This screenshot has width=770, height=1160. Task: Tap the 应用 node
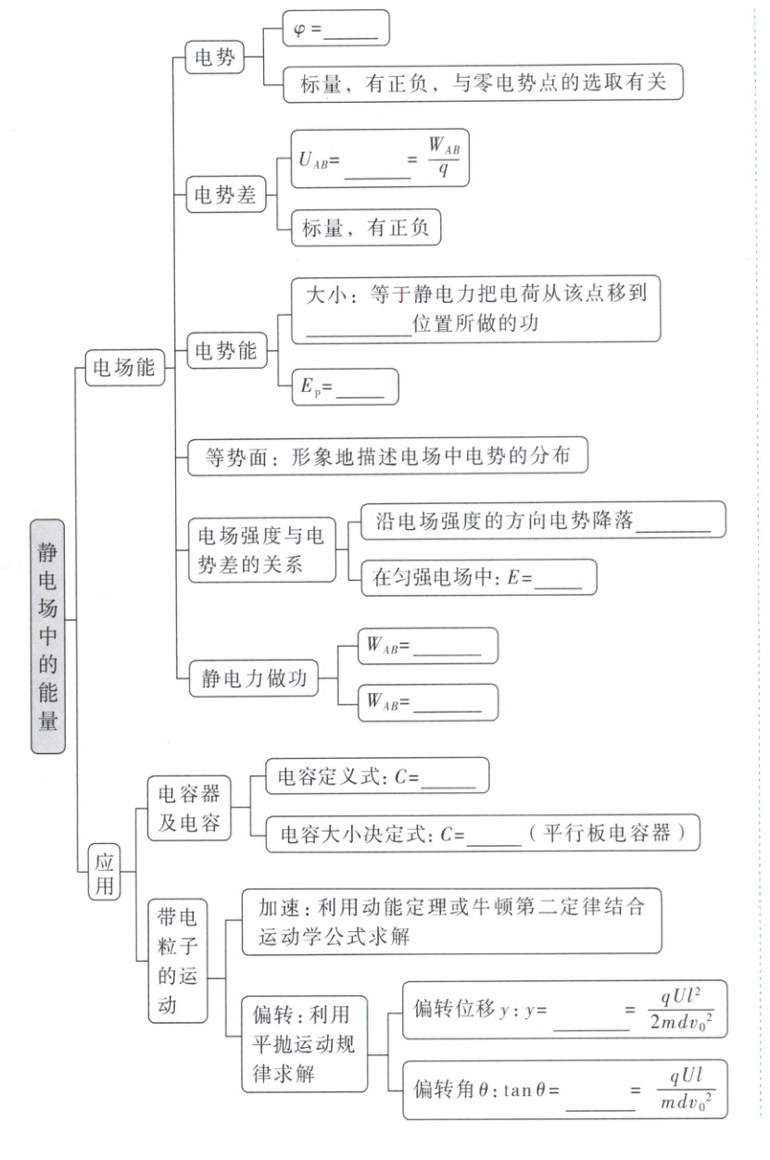point(103,873)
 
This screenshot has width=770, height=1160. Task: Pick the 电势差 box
point(224,196)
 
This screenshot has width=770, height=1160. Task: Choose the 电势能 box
point(224,351)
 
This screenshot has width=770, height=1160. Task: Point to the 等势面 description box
point(387,456)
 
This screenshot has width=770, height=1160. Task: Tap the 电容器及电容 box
point(189,809)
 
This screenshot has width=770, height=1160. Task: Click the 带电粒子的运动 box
point(177,961)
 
